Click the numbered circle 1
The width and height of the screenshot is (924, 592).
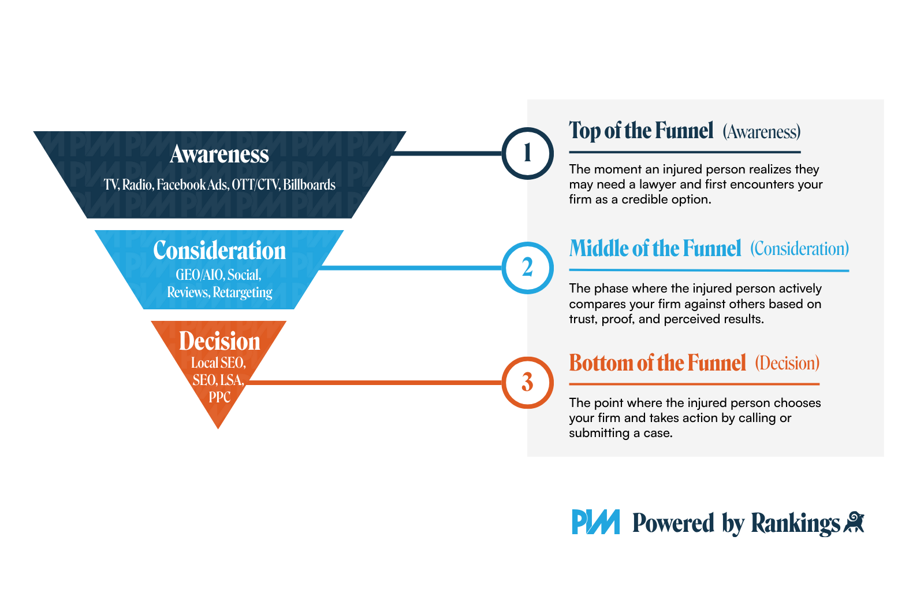pyautogui.click(x=527, y=154)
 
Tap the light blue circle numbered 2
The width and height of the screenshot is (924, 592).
pyautogui.click(x=527, y=268)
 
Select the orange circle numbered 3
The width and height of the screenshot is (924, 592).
pyautogui.click(x=527, y=382)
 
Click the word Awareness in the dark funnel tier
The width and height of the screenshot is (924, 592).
pyautogui.click(x=219, y=154)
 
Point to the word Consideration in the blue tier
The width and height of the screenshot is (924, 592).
pyautogui.click(x=219, y=251)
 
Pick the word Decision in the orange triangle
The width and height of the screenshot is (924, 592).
pyautogui.click(x=219, y=342)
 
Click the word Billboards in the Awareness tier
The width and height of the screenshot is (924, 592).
pyautogui.click(x=309, y=185)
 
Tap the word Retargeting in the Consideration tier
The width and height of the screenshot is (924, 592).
pyautogui.click(x=243, y=293)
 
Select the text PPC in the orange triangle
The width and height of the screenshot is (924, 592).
pyautogui.click(x=219, y=397)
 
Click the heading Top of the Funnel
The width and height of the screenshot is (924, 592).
pyautogui.click(x=641, y=131)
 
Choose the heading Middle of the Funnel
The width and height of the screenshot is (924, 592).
pyautogui.click(x=655, y=249)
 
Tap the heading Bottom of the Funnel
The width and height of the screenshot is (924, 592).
pyautogui.click(x=657, y=363)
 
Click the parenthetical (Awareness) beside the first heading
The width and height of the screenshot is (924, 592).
pyautogui.click(x=762, y=132)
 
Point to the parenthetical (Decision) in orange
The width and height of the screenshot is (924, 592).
pyautogui.click(x=787, y=364)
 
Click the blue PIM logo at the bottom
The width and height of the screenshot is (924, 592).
pyautogui.click(x=595, y=522)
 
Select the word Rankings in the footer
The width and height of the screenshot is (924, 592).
pyautogui.click(x=795, y=523)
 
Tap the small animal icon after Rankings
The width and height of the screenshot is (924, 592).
pyautogui.click(x=854, y=522)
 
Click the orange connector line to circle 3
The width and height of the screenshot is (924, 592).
pyautogui.click(x=375, y=382)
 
